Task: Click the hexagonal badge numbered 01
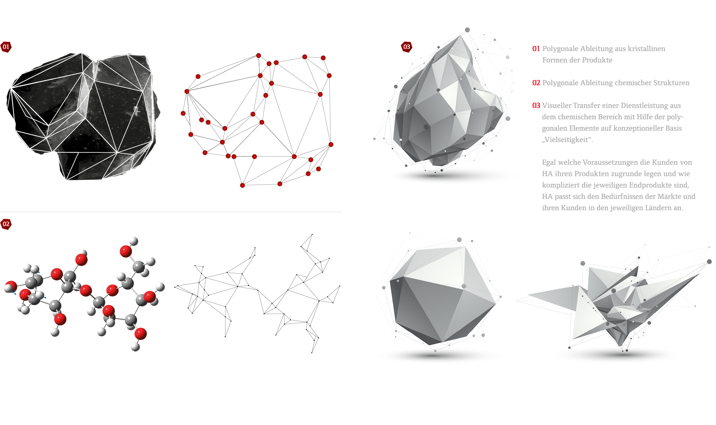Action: click(6, 47)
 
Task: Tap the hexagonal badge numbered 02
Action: click(6, 224)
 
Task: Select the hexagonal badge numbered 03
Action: click(407, 47)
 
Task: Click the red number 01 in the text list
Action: click(536, 49)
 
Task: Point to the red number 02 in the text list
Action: click(536, 83)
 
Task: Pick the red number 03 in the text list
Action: click(536, 106)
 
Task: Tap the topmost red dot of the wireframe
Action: click(258, 56)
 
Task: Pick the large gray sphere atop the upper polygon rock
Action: click(467, 30)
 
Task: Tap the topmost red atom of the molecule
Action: click(126, 251)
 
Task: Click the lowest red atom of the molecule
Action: click(140, 334)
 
